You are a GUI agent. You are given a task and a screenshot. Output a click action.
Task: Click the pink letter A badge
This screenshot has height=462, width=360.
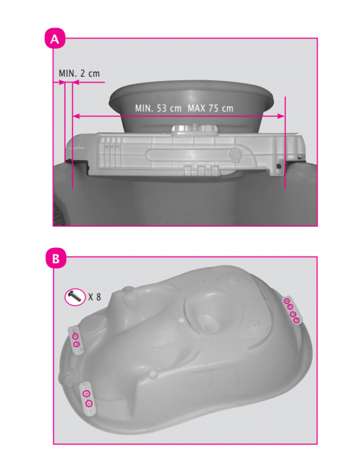pos(55,38)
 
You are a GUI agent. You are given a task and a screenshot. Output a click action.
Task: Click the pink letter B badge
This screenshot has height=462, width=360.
pos(55,258)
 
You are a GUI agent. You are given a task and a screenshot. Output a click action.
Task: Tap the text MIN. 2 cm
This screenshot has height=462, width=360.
pos(79,73)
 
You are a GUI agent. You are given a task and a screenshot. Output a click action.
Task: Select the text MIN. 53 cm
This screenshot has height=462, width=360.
pos(158,108)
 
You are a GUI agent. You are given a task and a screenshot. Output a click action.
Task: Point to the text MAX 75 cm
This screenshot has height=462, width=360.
pos(211,108)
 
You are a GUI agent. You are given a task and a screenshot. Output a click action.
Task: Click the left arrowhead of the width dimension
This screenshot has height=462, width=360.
pos(76,116)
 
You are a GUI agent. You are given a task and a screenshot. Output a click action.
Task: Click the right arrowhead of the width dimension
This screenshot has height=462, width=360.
pos(281,116)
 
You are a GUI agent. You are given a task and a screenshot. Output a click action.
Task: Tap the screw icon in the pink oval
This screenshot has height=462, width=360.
pos(75,296)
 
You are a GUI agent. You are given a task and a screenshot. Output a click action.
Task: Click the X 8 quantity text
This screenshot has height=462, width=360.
pos(95,296)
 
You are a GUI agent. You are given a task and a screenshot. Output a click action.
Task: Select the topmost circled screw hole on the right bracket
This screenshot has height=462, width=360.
pos(287,301)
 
